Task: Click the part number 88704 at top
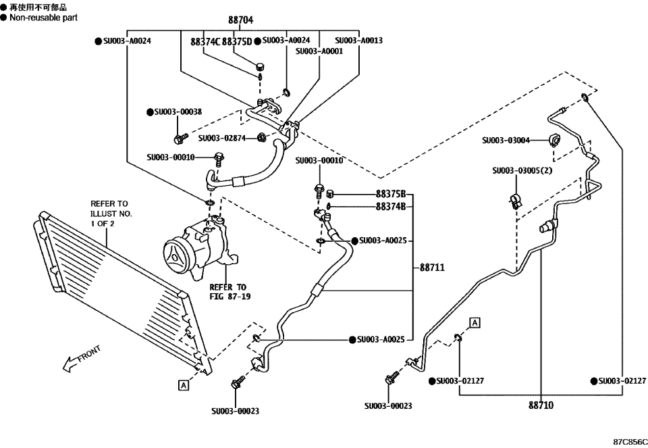[x=240, y=21]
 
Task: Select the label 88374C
[x=206, y=42]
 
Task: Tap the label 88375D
[x=237, y=42]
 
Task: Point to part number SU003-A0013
[x=358, y=41]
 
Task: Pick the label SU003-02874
[x=226, y=139]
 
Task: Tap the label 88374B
[x=391, y=207]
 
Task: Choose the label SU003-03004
[x=506, y=141]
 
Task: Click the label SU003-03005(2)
[x=521, y=171]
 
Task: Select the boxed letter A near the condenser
[x=183, y=385]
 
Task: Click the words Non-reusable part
[x=43, y=18]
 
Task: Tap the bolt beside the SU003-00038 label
[x=180, y=139]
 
